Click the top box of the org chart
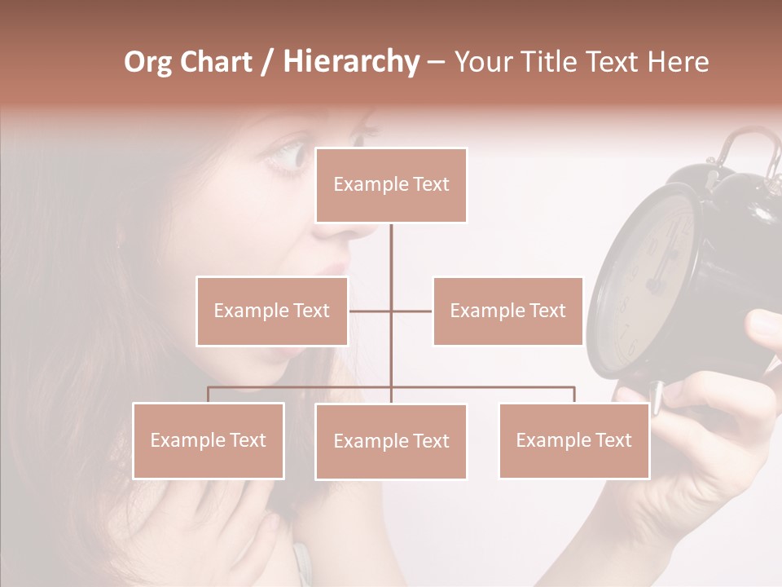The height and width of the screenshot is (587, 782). tap(391, 185)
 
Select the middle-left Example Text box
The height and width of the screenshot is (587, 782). tap(272, 311)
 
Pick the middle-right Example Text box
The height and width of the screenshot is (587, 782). tap(507, 311)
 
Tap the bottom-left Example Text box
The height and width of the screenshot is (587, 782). tap(209, 440)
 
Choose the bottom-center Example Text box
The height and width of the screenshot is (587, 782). tap(391, 441)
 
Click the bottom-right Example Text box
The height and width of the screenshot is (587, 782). tap(573, 440)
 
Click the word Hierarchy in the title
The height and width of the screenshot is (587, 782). tap(350, 62)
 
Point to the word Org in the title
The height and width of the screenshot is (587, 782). tap(148, 62)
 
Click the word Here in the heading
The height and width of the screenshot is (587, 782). tap(678, 62)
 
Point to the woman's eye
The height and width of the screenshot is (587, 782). tap(287, 155)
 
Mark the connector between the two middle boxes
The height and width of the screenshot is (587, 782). tap(391, 311)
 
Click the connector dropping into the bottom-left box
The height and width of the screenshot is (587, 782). tap(209, 395)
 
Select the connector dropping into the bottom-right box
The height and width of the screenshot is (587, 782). tap(573, 395)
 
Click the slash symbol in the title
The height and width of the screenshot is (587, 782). tap(266, 62)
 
